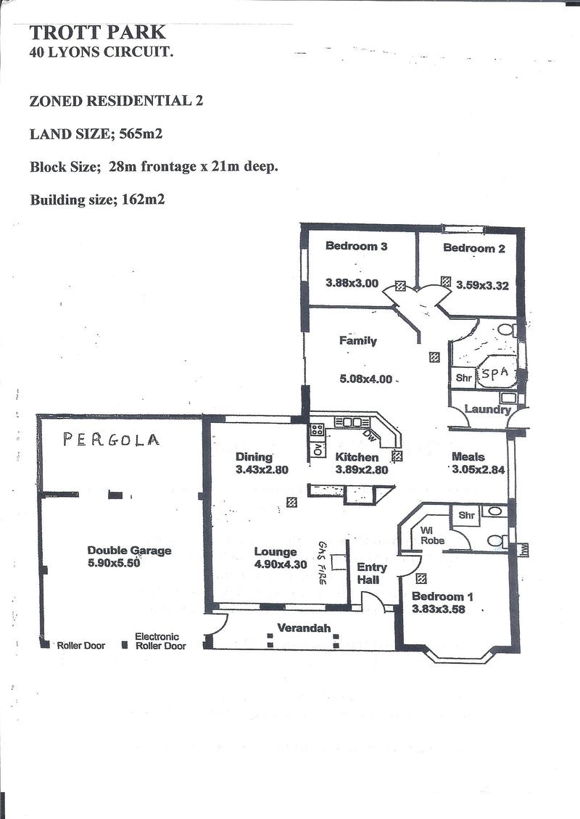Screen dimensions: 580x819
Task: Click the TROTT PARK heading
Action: click(x=97, y=33)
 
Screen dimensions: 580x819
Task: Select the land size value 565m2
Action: click(x=141, y=133)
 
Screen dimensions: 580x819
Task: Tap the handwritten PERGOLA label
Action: click(x=111, y=440)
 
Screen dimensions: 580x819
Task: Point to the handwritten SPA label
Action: click(x=494, y=374)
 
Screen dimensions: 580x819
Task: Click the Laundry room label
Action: click(x=487, y=409)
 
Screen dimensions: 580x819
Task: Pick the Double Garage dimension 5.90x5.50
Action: click(x=115, y=563)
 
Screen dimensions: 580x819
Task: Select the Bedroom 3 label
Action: click(x=356, y=246)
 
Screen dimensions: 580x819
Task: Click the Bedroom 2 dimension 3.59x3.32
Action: click(x=482, y=285)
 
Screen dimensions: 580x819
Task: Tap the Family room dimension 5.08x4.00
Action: click(x=365, y=379)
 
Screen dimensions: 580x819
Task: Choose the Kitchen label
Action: click(x=357, y=457)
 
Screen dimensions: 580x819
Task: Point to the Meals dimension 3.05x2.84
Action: click(x=478, y=469)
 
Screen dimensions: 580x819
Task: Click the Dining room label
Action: click(x=254, y=457)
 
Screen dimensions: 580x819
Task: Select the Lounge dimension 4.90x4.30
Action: click(x=281, y=564)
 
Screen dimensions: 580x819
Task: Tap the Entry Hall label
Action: click(x=372, y=573)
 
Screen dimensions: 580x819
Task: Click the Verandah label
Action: click(x=304, y=627)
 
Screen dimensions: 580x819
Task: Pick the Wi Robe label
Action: click(x=432, y=535)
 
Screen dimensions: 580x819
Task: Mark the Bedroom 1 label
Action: click(x=442, y=596)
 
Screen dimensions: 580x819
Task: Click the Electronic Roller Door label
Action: click(x=160, y=641)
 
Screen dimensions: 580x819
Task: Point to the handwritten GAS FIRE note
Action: click(x=322, y=562)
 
